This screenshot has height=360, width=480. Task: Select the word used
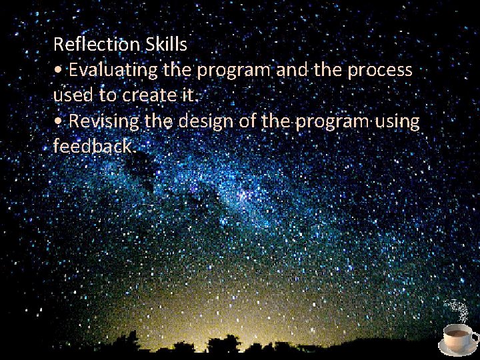pos(73,95)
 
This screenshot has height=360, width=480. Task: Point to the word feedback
pos(93,147)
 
